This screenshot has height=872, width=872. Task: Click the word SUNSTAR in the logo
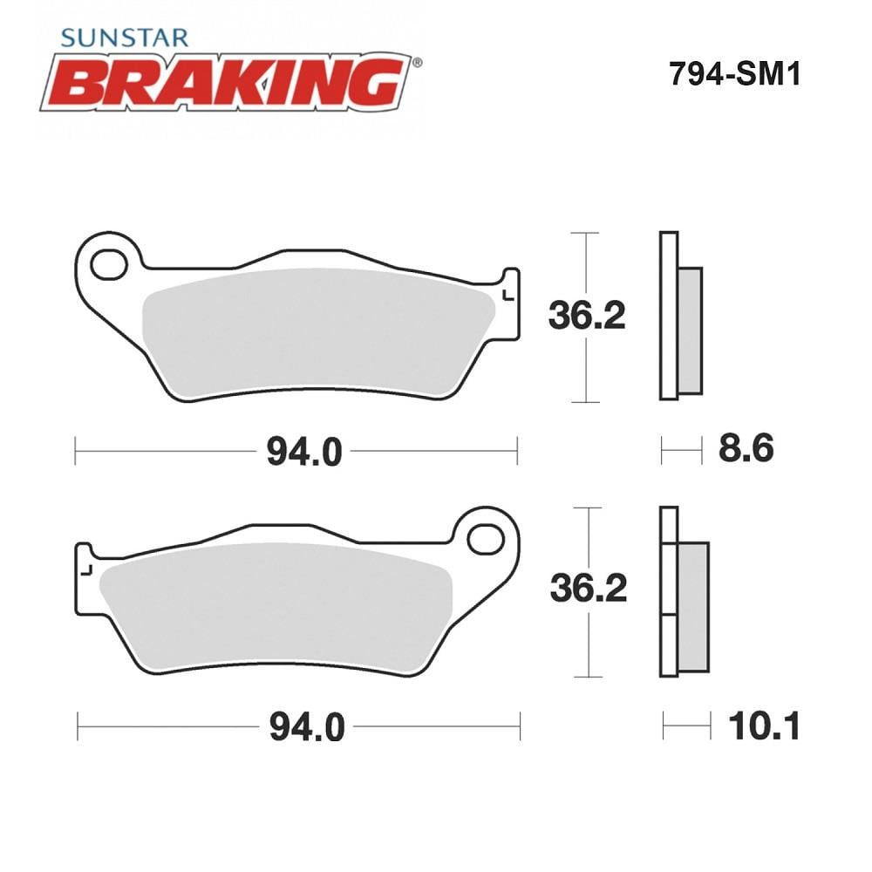[125, 37]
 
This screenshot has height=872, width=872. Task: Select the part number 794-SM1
[734, 73]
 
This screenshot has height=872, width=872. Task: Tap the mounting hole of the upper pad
[109, 265]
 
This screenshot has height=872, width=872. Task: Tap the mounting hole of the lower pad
[486, 539]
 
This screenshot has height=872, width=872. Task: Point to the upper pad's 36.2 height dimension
[587, 316]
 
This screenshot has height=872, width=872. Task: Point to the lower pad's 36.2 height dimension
[589, 589]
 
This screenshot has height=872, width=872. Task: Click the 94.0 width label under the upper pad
[304, 452]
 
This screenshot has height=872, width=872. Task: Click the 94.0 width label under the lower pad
[307, 727]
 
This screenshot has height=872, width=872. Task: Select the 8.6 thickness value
[746, 448]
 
